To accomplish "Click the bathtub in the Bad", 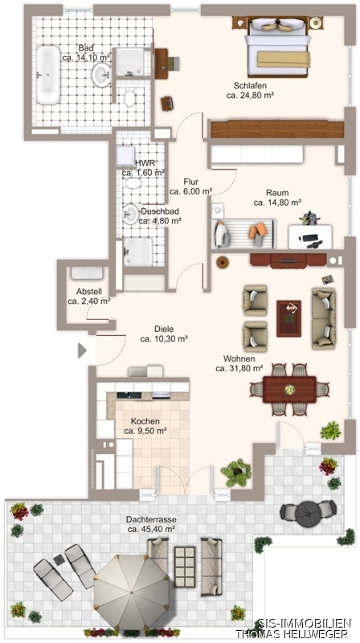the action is pyautogui.click(x=48, y=75).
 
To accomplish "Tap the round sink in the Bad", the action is pyautogui.click(x=101, y=75).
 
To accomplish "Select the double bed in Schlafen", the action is pyautogui.click(x=277, y=47).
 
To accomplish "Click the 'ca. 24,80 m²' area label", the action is pyautogui.click(x=250, y=95).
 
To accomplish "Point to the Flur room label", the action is pyautogui.click(x=191, y=182).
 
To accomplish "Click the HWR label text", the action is pyautogui.click(x=145, y=163).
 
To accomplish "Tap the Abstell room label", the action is pyautogui.click(x=89, y=292).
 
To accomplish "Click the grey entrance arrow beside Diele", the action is pyautogui.click(x=82, y=350).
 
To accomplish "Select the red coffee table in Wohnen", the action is pyautogui.click(x=288, y=318).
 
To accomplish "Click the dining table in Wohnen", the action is pyautogui.click(x=289, y=390).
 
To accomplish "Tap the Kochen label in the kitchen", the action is pyautogui.click(x=145, y=421).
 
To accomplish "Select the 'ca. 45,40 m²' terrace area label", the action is pyautogui.click(x=151, y=529).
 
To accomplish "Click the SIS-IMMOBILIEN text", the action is pyautogui.click(x=305, y=622).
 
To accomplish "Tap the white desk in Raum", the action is pyautogui.click(x=310, y=236).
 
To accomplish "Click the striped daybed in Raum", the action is pyautogui.click(x=243, y=234).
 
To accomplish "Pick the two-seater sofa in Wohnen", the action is pyautogui.click(x=324, y=317).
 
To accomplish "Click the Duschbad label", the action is pyautogui.click(x=160, y=211).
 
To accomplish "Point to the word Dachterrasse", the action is pyautogui.click(x=151, y=520).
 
